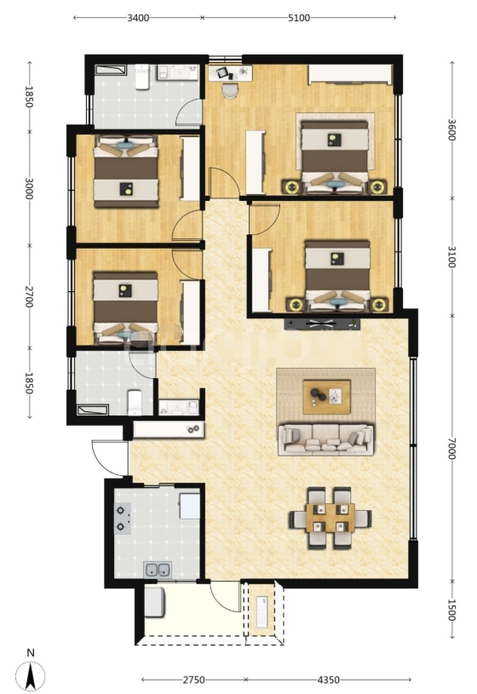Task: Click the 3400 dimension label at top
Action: tap(138, 18)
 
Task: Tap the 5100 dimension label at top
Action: tap(299, 18)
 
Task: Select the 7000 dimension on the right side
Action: tap(451, 448)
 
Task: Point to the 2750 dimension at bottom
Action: tap(194, 680)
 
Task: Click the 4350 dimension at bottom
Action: tap(329, 680)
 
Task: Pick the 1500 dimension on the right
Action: tap(451, 610)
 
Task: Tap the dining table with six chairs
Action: tap(330, 519)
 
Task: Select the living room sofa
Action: tap(325, 439)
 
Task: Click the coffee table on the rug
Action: tap(326, 397)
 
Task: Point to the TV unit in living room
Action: tap(322, 324)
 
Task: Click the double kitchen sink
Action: tap(158, 570)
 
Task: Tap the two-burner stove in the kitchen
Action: tap(123, 519)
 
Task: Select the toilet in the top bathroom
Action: tap(141, 77)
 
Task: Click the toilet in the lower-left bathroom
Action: tap(135, 402)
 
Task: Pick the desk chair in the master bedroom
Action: tap(230, 90)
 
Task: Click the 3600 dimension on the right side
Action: tap(451, 129)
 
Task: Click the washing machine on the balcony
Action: tap(154, 602)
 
